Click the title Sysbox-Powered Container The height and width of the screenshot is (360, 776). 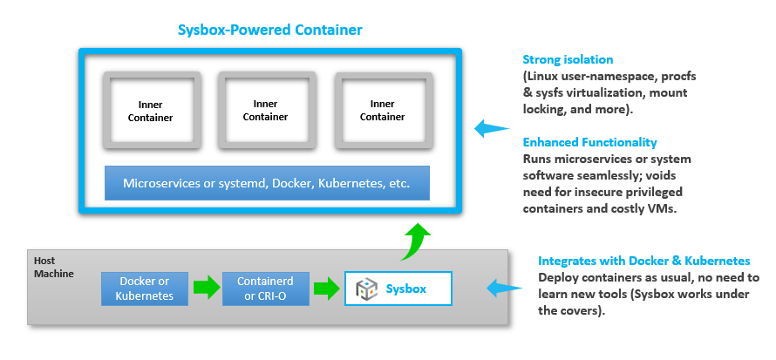pyautogui.click(x=269, y=31)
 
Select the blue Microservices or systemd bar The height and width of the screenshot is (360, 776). pyautogui.click(x=267, y=183)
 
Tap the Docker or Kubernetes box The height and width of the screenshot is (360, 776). pyautogui.click(x=145, y=289)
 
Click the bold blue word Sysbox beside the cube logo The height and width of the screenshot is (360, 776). pyautogui.click(x=406, y=289)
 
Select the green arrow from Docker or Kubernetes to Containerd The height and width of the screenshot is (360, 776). pyautogui.click(x=205, y=289)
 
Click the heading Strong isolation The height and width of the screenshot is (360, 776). pyautogui.click(x=568, y=60)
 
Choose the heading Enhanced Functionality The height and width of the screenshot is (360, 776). pyautogui.click(x=589, y=142)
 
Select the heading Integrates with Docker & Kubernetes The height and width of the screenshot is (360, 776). pyautogui.click(x=643, y=261)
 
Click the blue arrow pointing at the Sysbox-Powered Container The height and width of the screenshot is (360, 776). pyautogui.click(x=491, y=129)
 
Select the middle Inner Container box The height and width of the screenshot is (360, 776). pyautogui.click(x=265, y=111)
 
